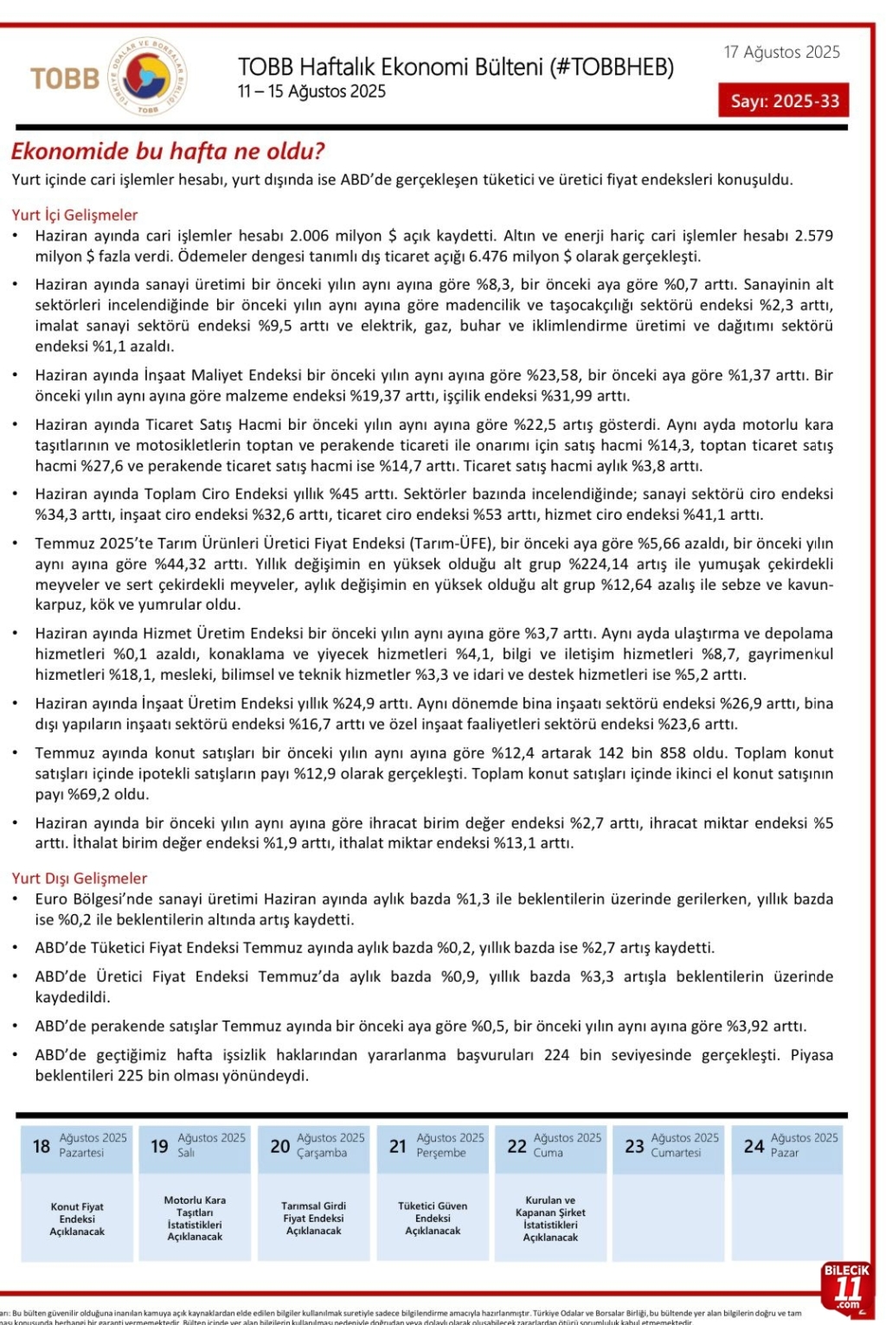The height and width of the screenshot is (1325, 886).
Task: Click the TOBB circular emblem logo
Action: tap(146, 78)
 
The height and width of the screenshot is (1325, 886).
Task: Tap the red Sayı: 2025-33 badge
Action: tap(784, 100)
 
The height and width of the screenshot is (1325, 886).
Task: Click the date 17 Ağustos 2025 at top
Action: tap(781, 52)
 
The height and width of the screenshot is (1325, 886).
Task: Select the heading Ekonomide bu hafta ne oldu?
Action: tap(168, 151)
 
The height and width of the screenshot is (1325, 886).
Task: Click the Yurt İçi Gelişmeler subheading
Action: tap(74, 214)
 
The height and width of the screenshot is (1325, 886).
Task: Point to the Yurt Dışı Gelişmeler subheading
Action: tap(80, 878)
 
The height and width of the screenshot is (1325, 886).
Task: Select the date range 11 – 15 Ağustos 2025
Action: tap(311, 92)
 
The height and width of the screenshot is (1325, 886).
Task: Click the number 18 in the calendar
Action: tap(41, 1147)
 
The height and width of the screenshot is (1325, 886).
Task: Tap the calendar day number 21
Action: tap(397, 1147)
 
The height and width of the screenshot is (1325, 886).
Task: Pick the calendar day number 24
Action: tap(754, 1147)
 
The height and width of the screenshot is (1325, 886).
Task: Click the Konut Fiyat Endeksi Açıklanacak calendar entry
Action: tap(77, 1219)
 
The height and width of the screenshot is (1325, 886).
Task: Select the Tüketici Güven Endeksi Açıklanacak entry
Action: tap(433, 1218)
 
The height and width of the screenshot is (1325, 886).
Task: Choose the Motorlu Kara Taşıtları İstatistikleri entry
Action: tap(195, 1218)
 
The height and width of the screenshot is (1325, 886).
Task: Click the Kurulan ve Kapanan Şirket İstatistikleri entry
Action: tap(550, 1218)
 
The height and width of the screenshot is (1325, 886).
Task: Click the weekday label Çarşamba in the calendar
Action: tap(321, 1153)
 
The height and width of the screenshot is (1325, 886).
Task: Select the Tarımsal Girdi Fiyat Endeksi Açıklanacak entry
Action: tap(313, 1218)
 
